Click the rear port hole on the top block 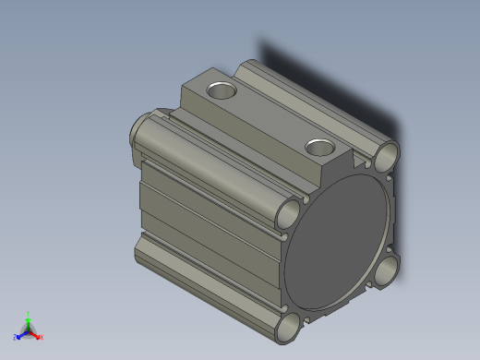[x=221, y=90]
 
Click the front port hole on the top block [x=320, y=147]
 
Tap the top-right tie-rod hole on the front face [x=388, y=152]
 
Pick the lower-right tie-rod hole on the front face [x=389, y=270]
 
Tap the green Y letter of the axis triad [x=29, y=313]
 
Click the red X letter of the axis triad [x=42, y=337]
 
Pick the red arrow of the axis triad [x=36, y=333]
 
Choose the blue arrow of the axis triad [x=20, y=333]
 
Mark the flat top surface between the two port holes [x=268, y=115]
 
